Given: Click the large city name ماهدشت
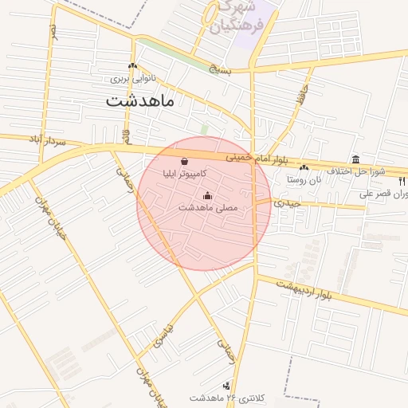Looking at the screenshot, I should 144,102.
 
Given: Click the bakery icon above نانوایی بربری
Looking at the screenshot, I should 132,66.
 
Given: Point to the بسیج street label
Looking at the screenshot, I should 219,70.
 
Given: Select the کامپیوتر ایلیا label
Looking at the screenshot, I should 185,173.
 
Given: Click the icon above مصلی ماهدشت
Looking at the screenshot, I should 208,195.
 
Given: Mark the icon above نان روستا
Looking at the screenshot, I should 304,167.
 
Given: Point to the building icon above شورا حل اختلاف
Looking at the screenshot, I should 355,159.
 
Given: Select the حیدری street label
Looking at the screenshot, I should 288,203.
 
